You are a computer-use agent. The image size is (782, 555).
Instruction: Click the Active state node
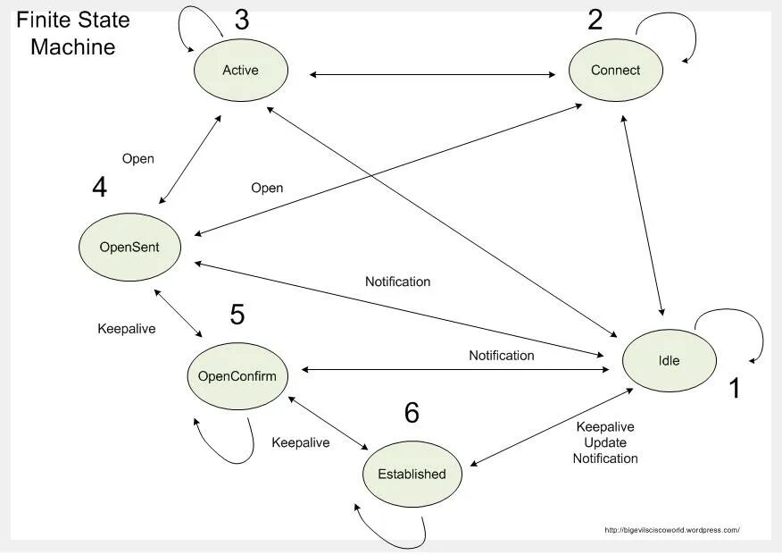(x=240, y=70)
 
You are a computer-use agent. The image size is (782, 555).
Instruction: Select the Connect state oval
(x=615, y=70)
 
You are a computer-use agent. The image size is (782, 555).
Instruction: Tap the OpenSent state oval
(x=129, y=247)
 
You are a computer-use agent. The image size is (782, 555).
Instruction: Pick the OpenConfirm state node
(x=237, y=376)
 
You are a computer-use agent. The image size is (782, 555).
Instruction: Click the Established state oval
(x=412, y=474)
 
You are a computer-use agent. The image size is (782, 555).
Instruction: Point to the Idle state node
(x=669, y=360)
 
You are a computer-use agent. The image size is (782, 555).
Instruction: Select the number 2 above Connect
(x=595, y=20)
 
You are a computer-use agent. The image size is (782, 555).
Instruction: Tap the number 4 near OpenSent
(x=100, y=188)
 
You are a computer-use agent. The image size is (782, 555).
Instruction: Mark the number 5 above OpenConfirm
(x=237, y=315)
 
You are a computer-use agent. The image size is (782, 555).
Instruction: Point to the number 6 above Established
(x=412, y=413)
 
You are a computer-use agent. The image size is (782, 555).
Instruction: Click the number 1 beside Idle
(x=734, y=389)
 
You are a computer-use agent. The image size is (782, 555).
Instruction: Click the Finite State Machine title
(x=73, y=34)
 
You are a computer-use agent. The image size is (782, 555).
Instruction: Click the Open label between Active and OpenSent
(x=137, y=159)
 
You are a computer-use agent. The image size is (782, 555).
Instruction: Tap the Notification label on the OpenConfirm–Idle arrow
(x=502, y=356)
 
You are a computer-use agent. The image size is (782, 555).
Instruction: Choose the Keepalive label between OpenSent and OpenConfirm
(x=126, y=329)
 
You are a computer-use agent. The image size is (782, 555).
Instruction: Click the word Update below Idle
(x=605, y=442)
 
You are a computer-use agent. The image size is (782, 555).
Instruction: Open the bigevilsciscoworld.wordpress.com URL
(x=671, y=530)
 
